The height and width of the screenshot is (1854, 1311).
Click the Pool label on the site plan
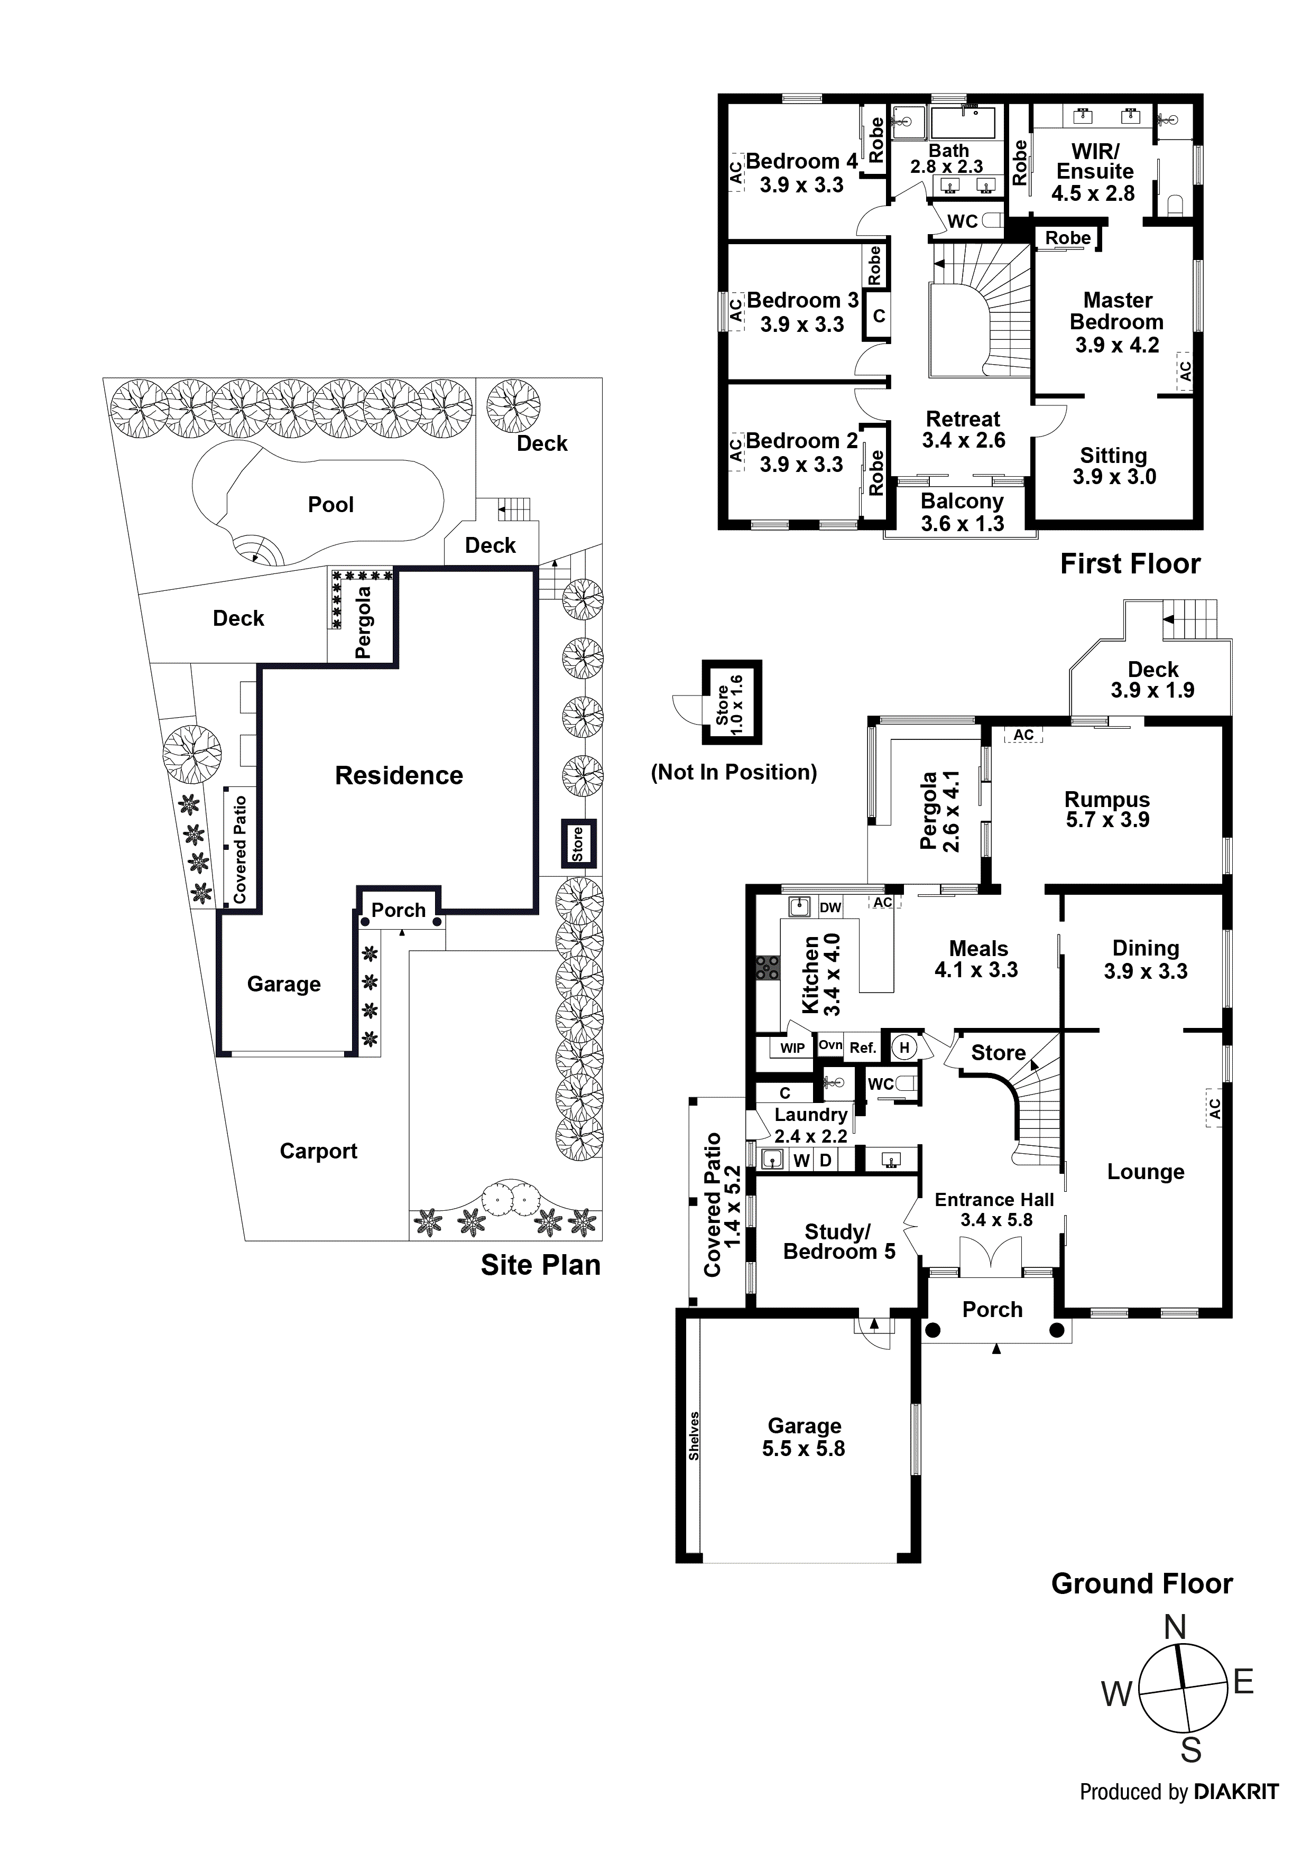330,505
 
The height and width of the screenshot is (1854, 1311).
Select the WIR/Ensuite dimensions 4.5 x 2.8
1093,194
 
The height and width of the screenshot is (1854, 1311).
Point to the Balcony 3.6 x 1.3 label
962,513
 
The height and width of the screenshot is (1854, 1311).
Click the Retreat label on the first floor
963,419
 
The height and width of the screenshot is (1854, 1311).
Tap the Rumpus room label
1106,800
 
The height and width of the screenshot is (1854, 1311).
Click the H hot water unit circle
904,1048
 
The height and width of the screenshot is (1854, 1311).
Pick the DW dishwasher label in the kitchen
830,907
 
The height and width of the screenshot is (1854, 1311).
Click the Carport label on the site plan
318,1152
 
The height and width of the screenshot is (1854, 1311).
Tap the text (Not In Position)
733,773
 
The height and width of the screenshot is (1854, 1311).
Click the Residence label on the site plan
399,776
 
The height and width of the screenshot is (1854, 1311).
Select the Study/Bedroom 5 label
838,1242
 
